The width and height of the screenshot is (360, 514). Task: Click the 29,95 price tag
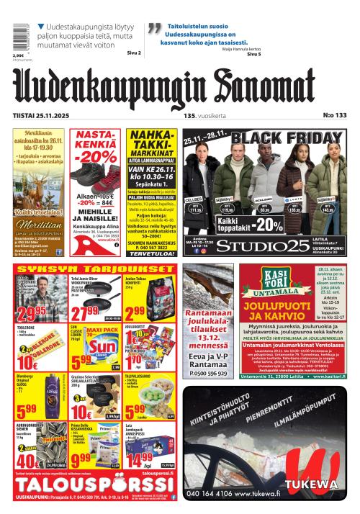tap(32, 314)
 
